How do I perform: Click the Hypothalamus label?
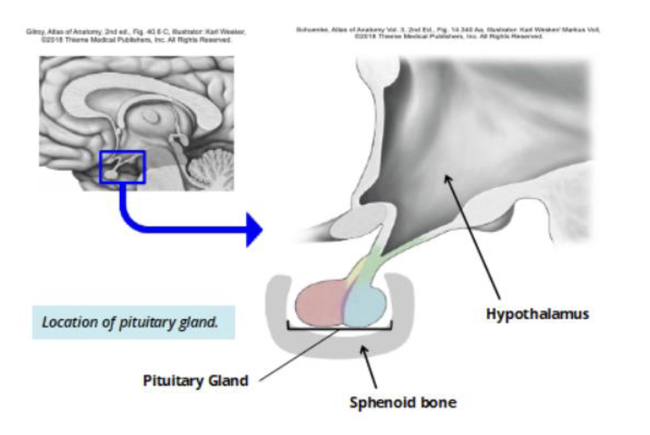point(537,313)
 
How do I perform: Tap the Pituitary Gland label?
point(196,380)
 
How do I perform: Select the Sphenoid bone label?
point(402,402)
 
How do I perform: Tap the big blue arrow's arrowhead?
point(253,230)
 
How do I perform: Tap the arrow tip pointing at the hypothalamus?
point(446,178)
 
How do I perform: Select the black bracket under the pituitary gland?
point(339,327)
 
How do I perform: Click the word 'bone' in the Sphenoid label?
point(438,402)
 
